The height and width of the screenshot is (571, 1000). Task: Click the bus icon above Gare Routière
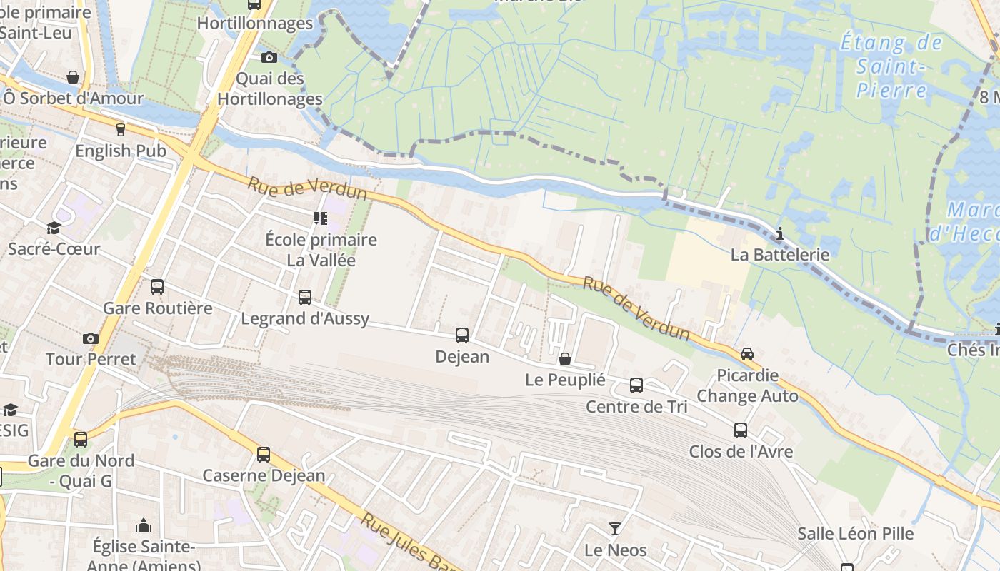tap(157, 287)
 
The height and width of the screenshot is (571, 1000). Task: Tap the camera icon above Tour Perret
tap(91, 338)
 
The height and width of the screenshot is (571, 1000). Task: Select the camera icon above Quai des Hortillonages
tap(269, 57)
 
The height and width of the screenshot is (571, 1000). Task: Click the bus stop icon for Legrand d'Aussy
tap(305, 297)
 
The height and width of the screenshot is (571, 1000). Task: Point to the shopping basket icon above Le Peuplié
tap(565, 358)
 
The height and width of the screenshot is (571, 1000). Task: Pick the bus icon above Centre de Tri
tap(636, 385)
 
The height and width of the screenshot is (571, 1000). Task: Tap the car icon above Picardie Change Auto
tap(747, 353)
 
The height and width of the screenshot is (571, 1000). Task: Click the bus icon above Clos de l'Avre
tap(741, 430)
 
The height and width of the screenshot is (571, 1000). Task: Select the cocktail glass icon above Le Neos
tap(615, 529)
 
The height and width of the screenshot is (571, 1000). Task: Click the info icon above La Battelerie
tap(780, 233)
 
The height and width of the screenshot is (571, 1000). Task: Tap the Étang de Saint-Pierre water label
tap(891, 66)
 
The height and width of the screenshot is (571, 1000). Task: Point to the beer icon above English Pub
tap(120, 130)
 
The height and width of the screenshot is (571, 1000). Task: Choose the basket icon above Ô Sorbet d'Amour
tap(73, 77)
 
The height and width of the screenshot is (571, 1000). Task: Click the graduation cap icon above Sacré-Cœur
tap(54, 228)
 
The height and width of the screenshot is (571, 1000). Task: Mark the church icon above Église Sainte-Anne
tap(144, 526)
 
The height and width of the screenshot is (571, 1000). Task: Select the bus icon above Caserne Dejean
tap(264, 454)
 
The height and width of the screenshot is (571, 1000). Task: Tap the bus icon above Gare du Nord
tap(81, 439)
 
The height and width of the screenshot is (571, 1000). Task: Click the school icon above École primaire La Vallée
tap(321, 218)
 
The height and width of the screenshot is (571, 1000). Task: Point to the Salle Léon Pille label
tap(855, 533)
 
